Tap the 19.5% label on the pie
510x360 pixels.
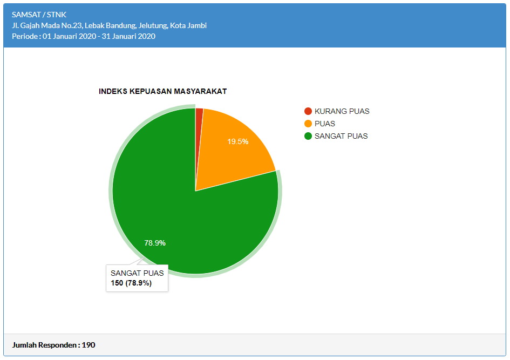tap(237, 142)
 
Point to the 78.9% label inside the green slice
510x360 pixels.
tap(155, 243)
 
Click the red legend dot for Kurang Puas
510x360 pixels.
tap(308, 111)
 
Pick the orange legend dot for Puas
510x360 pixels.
tap(308, 124)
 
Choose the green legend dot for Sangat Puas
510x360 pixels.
tap(308, 136)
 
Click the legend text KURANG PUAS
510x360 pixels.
tap(342, 111)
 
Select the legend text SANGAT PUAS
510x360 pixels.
tap(341, 136)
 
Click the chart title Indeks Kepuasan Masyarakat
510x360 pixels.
tap(162, 91)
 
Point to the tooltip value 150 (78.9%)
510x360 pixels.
tap(131, 283)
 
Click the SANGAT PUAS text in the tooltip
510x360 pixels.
tap(137, 273)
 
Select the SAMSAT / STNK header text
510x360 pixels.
tap(39, 15)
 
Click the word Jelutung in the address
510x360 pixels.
tap(153, 25)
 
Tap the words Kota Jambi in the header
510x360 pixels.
tap(188, 25)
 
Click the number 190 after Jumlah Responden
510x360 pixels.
tap(89, 345)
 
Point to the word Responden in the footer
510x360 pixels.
tap(59, 345)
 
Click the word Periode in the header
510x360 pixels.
tap(25, 36)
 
